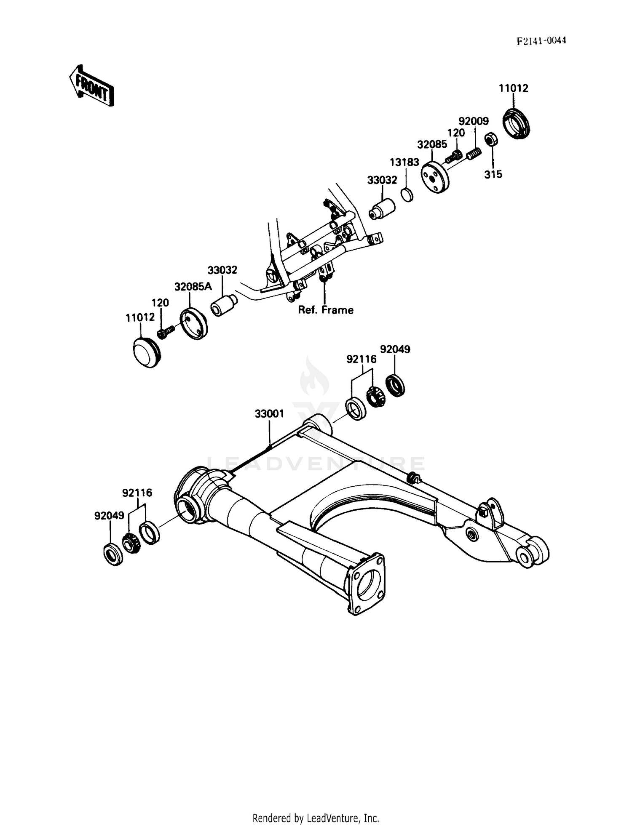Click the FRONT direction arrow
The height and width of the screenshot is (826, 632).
tap(91, 85)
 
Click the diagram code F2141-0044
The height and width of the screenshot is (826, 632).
tap(541, 40)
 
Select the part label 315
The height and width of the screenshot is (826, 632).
tap(493, 174)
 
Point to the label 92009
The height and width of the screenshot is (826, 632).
tap(473, 121)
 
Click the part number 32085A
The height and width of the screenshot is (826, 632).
tap(193, 287)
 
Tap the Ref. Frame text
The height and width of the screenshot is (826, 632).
tap(325, 310)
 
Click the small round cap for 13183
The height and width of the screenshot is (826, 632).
tap(407, 195)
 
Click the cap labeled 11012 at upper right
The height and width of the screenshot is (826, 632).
tap(517, 123)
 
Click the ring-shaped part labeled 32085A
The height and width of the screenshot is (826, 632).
tap(194, 324)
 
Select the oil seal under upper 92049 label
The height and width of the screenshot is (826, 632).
tap(395, 385)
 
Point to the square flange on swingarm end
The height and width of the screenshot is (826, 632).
tap(365, 585)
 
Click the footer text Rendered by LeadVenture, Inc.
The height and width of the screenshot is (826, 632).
tap(316, 818)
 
